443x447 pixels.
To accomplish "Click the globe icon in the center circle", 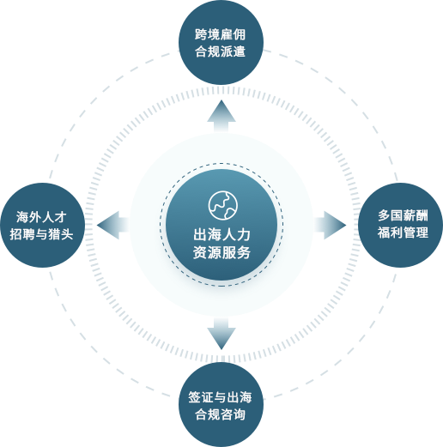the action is [x=223, y=205].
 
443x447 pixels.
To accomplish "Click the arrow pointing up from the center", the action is [x=221, y=117].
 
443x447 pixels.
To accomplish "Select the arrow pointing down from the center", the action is [x=221, y=333].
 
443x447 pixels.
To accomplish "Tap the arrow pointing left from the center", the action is [x=113, y=225].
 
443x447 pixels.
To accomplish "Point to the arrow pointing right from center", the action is [x=330, y=225].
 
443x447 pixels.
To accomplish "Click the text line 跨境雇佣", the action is [x=220, y=34].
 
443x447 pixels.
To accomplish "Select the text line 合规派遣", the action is [x=220, y=51].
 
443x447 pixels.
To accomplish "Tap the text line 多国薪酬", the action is [x=403, y=215].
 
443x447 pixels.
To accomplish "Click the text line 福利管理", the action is [x=403, y=233].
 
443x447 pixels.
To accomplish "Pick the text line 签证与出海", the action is [x=220, y=397].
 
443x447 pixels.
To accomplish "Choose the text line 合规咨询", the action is [x=220, y=414].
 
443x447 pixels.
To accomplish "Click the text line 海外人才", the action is [x=41, y=217].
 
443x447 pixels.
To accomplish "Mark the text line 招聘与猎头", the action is [x=41, y=234].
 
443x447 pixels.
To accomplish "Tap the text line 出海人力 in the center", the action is [x=221, y=235].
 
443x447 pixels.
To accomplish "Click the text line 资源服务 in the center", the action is [x=221, y=252].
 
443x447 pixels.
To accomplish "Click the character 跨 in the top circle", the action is [x=201, y=34].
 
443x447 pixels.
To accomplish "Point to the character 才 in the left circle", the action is [x=61, y=217].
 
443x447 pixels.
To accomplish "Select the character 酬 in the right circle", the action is [x=422, y=215].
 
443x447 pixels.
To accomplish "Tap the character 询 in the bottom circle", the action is [x=240, y=414].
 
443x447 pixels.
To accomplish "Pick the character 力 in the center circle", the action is [x=244, y=235].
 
